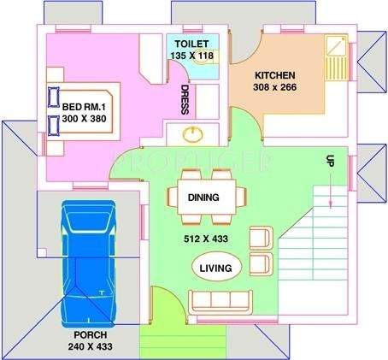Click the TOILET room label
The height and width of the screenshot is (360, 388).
[190, 44]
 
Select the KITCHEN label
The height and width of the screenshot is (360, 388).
[274, 74]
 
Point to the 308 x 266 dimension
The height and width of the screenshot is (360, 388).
[275, 86]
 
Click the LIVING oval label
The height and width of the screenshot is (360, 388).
[215, 268]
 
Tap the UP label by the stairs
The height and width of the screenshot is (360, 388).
[329, 161]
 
